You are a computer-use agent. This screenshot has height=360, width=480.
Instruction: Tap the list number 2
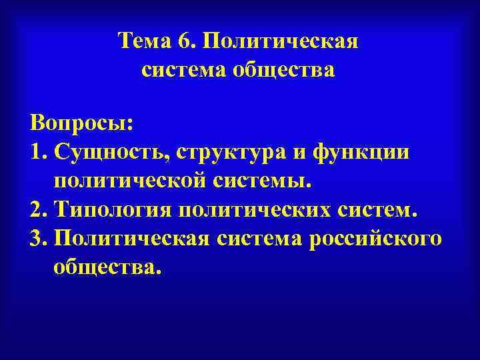(38, 210)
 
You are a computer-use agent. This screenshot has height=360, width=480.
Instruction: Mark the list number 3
(38, 239)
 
